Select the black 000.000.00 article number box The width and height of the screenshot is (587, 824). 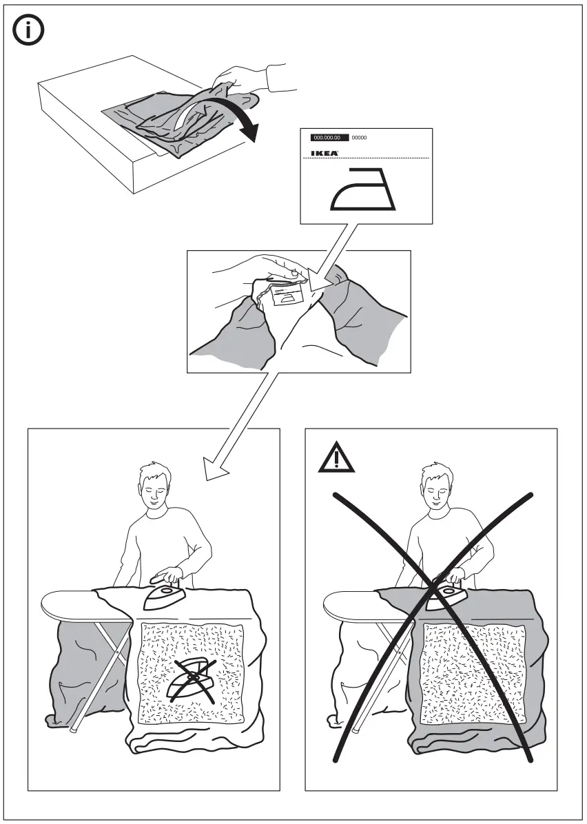tap(329, 138)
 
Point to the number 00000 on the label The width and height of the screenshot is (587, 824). tap(360, 138)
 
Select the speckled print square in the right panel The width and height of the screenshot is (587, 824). tap(473, 673)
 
